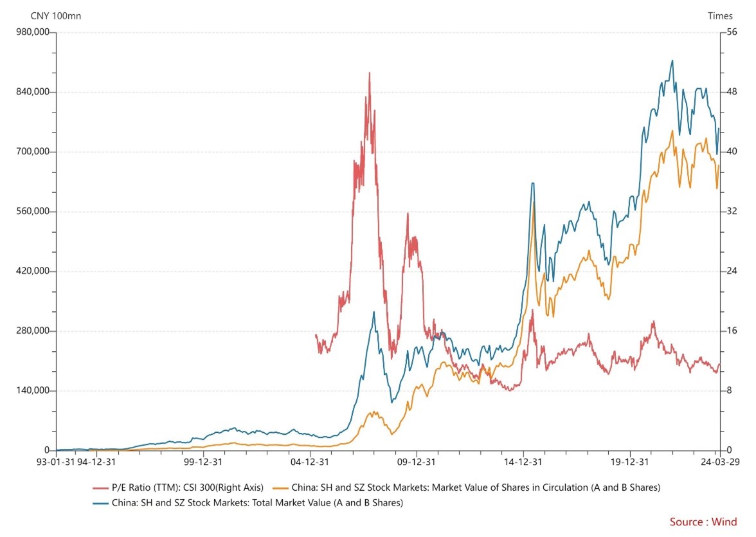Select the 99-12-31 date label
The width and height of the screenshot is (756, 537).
pos(203,461)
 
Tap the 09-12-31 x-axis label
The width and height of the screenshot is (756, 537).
pos(417,461)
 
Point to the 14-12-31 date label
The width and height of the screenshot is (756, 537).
pos(523,461)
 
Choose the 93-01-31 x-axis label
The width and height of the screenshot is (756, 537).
pos(56,461)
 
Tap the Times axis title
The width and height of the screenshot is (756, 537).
pos(720,15)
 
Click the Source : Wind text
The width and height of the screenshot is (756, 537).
pos(703,522)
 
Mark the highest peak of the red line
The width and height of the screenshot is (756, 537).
pos(369,73)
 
